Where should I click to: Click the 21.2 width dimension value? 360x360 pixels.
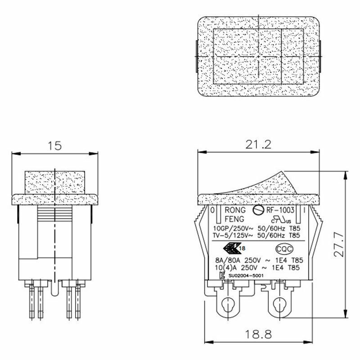pos(259,145)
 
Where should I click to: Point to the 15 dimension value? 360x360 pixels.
pos(54,146)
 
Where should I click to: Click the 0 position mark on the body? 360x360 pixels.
pos(212,210)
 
